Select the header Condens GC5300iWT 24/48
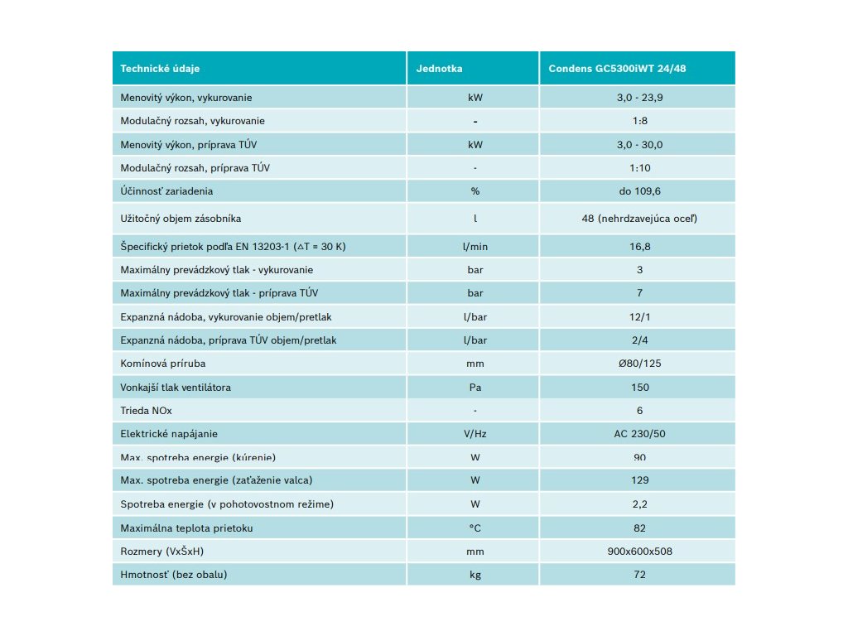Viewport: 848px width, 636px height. click(617, 68)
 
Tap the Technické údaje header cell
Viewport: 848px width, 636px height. click(160, 68)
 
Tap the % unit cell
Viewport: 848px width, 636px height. click(475, 191)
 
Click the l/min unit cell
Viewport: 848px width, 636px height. click(475, 246)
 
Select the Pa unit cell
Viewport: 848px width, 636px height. click(475, 387)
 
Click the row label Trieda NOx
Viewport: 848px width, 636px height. click(146, 410)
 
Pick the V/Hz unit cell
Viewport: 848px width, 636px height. click(475, 433)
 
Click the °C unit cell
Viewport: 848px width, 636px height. click(475, 528)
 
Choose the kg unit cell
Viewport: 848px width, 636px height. click(475, 574)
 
